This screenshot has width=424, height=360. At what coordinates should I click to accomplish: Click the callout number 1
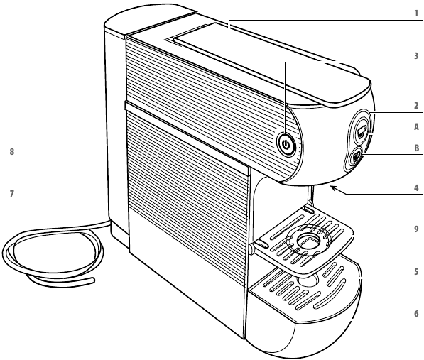coord(417,13)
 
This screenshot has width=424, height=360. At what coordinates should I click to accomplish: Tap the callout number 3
coord(416,55)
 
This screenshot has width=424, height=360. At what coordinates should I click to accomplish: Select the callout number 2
coord(416,106)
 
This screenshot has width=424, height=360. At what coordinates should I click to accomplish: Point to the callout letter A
coord(416,127)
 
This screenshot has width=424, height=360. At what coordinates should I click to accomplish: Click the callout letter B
coord(416,148)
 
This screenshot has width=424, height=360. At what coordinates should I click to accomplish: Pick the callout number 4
coord(416,187)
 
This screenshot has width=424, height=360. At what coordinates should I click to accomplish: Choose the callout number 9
coord(416,229)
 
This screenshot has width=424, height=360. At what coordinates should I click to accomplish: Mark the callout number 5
coord(416,271)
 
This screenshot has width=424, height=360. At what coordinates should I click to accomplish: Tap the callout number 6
coord(416,314)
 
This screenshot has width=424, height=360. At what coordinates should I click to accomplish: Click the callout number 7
coord(11,194)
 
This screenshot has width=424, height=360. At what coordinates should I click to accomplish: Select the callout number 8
coord(11,152)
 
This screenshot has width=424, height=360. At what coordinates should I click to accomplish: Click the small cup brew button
coord(356,157)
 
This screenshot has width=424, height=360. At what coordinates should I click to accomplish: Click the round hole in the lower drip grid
coord(308,280)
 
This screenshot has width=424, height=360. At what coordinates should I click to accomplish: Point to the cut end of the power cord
coord(94,280)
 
